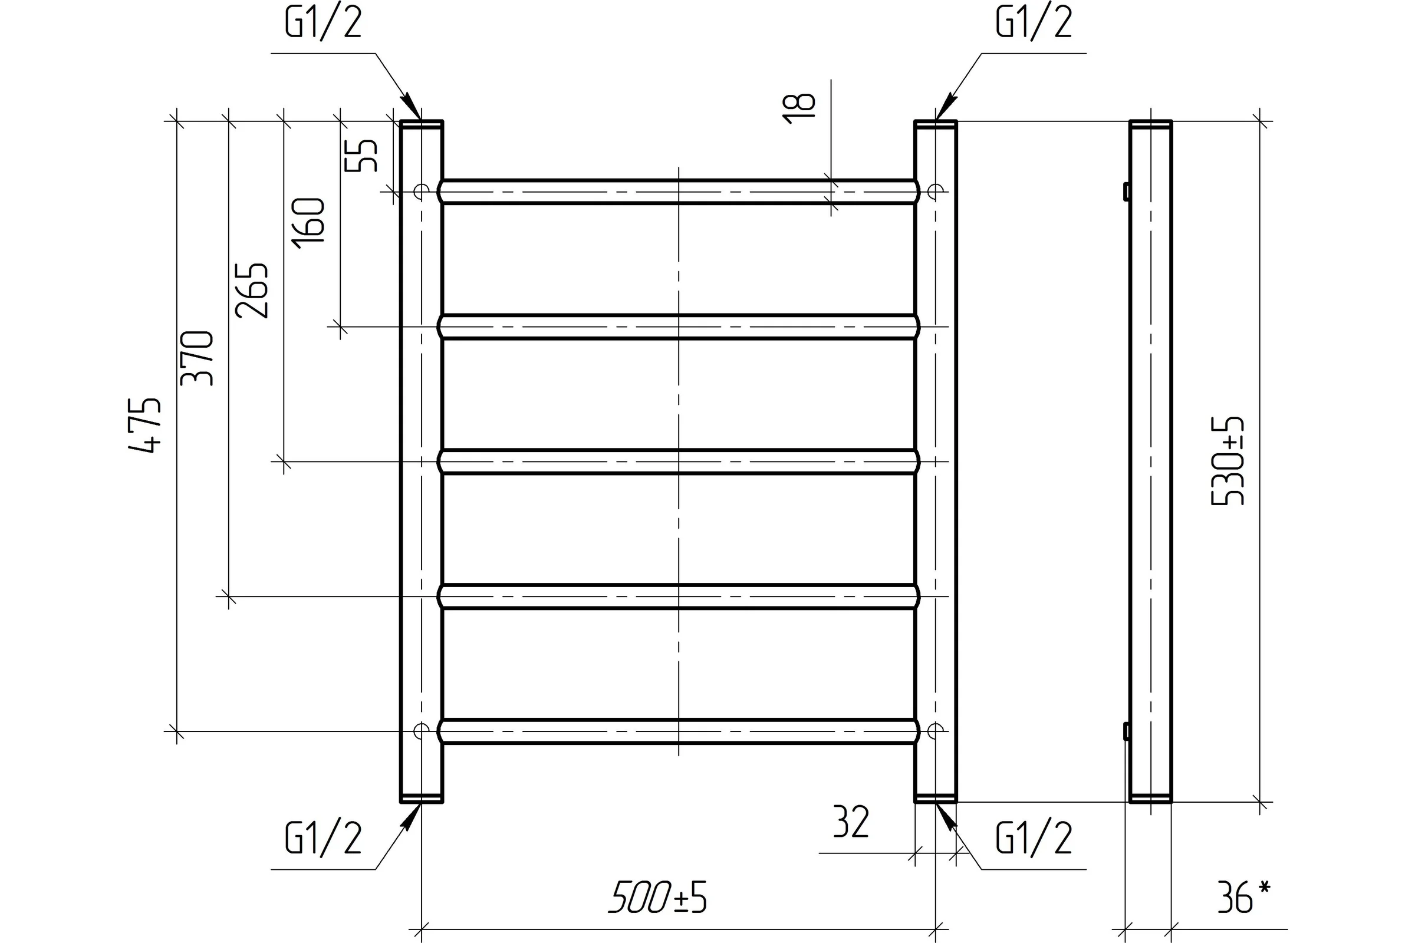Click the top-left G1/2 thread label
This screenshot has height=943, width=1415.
tap(323, 24)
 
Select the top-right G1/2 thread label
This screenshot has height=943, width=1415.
tap(1034, 24)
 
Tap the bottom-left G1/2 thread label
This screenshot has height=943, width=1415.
tap(323, 838)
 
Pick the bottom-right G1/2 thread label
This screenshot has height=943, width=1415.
tap(1034, 838)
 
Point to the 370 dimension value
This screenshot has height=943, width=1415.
tap(198, 358)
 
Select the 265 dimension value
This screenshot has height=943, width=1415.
tap(252, 291)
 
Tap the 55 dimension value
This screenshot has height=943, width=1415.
tap(361, 156)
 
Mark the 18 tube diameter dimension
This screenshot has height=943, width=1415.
tap(799, 109)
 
